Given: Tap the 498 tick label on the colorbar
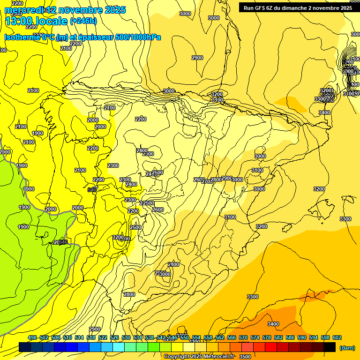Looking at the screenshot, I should point(32,337).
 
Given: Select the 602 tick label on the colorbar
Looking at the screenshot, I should point(337,337).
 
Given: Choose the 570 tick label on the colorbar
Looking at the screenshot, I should point(243,337).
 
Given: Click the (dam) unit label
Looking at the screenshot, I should point(347,348).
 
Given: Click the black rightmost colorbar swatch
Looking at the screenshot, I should point(329,347).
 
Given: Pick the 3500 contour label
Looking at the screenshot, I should point(245,357).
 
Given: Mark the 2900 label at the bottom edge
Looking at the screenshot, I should point(95,329).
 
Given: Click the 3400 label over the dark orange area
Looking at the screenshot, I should point(273,324).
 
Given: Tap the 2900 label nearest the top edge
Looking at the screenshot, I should point(197,58).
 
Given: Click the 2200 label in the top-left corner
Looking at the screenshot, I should point(17,4).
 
